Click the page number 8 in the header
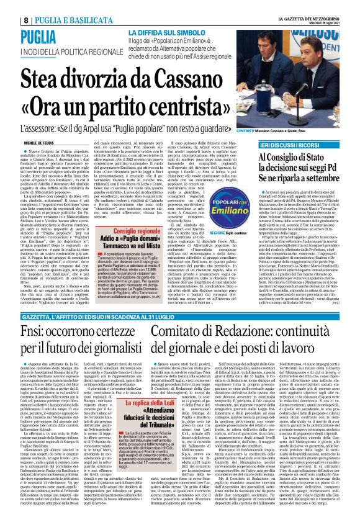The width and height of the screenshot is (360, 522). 9,6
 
